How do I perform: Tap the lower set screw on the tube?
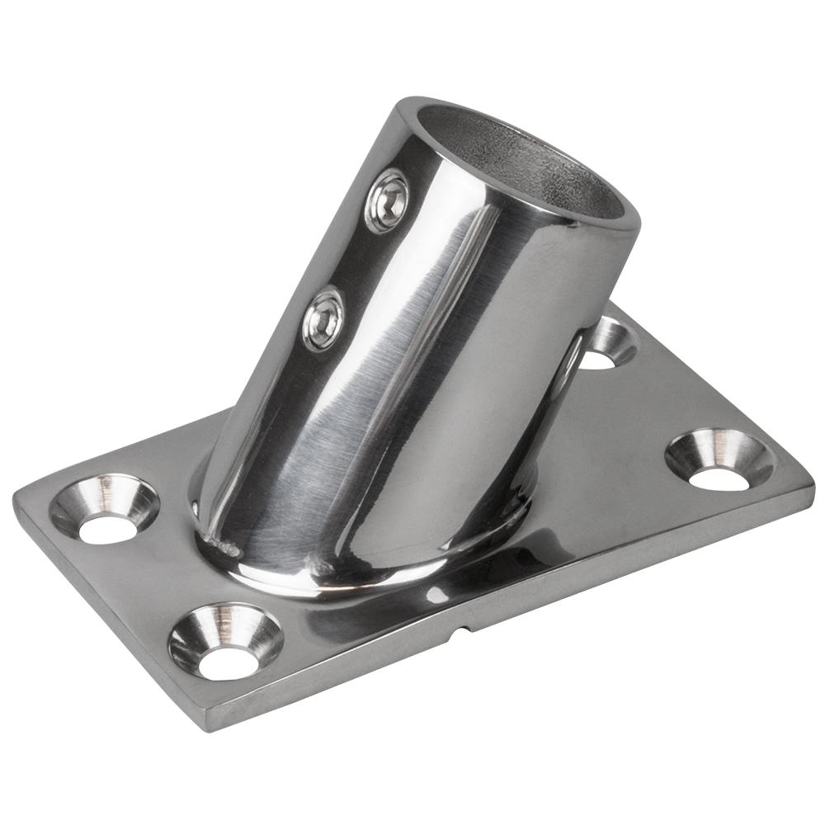[x=323, y=318]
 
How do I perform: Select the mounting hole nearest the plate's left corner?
[x=105, y=511]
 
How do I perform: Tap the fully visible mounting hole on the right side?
[x=719, y=460]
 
